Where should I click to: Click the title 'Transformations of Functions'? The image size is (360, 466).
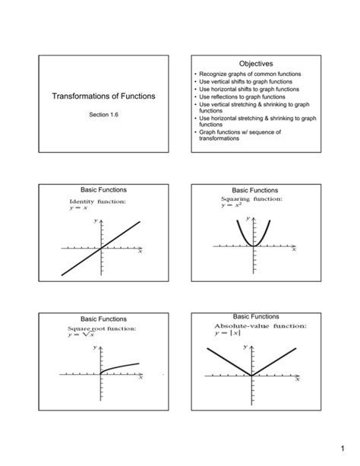point(103,97)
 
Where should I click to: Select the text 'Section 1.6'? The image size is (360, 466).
point(103,115)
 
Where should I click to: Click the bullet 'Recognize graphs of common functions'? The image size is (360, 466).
point(250,74)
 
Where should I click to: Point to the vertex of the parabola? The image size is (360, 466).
point(253,246)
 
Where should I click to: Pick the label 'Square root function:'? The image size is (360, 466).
point(102,328)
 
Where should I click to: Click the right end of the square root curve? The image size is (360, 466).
point(139,363)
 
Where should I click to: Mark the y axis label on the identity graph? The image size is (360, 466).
point(96,220)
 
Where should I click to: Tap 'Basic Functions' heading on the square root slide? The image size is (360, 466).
point(103,319)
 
